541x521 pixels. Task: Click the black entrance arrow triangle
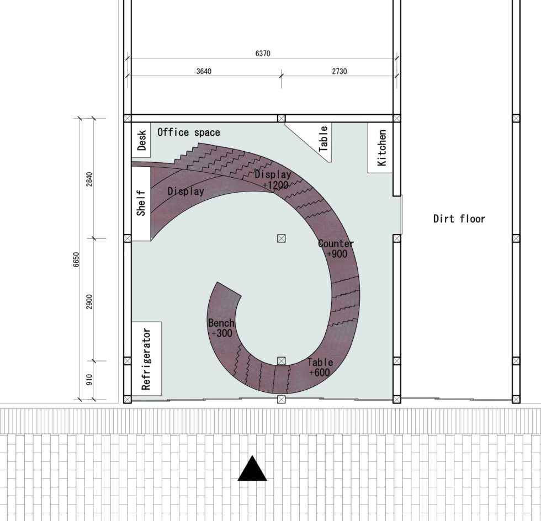(252, 469)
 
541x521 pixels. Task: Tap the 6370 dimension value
(263, 54)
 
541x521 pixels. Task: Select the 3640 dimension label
(204, 71)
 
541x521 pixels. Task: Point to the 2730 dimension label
(340, 71)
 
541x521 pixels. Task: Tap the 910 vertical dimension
(89, 380)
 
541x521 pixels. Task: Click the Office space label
(188, 132)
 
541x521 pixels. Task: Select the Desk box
(142, 140)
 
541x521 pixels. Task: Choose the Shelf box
(141, 204)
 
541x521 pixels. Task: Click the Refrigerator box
(146, 359)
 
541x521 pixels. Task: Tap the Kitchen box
(381, 148)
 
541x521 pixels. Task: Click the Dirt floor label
(459, 219)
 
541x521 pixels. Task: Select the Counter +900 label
(336, 248)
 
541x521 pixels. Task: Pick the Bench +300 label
(221, 328)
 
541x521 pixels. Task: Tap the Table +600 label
(320, 367)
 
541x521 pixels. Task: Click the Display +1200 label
(273, 180)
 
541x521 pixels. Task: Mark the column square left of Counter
(282, 238)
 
